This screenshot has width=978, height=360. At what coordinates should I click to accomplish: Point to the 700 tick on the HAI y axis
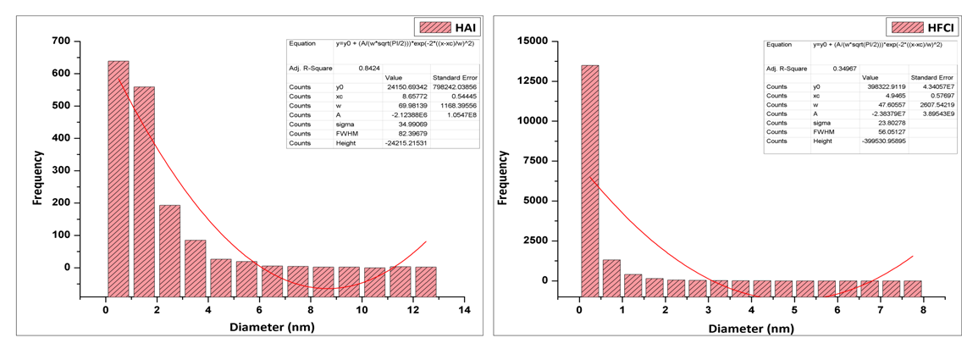coord(59,41)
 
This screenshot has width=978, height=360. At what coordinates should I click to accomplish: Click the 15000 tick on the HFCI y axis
coord(541,41)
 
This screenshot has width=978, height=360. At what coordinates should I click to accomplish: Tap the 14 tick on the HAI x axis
coord(464,311)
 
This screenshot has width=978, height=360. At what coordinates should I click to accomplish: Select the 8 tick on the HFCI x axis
coord(925,311)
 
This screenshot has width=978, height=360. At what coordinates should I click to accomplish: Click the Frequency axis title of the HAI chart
coord(37,178)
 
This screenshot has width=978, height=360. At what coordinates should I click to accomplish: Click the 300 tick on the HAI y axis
coord(59,170)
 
